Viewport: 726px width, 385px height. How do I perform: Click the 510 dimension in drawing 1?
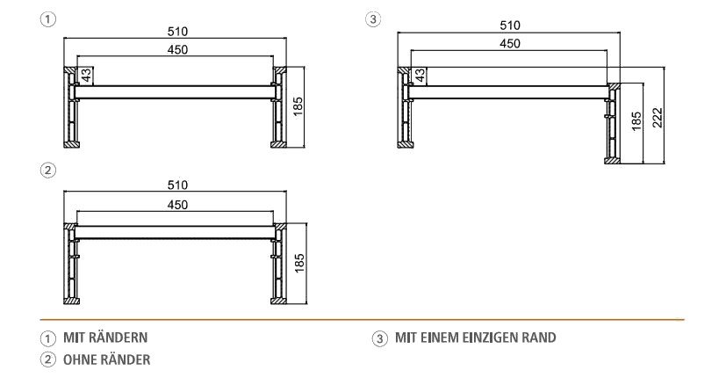coord(177,32)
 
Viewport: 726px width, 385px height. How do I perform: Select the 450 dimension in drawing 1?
coord(177,50)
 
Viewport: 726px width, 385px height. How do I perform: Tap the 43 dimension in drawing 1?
coord(86,76)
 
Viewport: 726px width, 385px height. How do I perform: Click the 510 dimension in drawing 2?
coord(177,185)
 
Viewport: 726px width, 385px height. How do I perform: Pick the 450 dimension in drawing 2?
coord(177,204)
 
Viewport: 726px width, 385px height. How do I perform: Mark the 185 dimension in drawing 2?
coord(300,263)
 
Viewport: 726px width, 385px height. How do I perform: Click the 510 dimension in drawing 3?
coord(509,25)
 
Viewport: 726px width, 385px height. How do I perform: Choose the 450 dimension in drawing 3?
coord(509,44)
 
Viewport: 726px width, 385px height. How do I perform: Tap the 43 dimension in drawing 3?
coord(421,76)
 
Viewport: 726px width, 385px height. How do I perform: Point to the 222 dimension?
coord(657,117)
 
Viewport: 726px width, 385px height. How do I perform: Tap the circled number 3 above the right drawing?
coord(375,19)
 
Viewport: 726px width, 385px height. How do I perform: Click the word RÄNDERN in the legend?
coord(118,338)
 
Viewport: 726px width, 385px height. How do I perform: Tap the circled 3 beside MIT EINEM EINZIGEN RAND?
coord(379,338)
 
